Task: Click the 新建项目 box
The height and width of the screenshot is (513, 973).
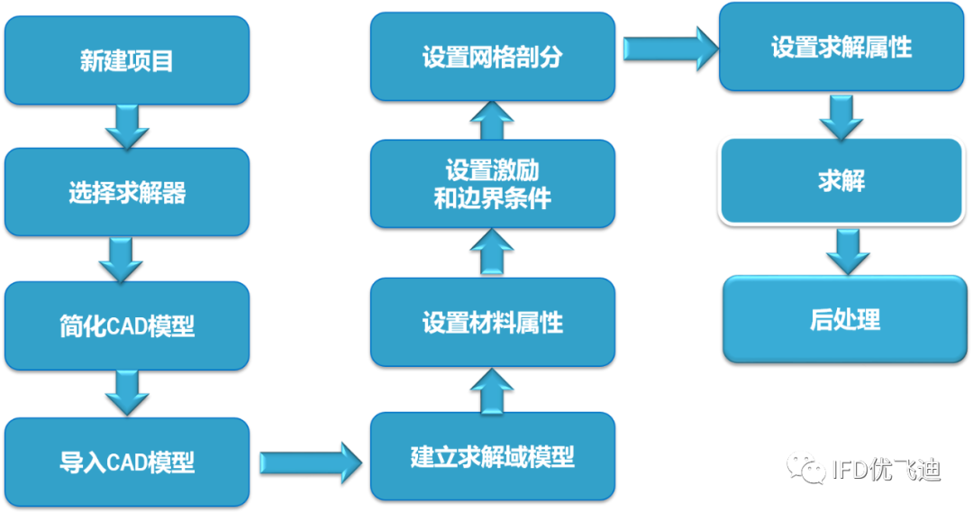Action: click(126, 60)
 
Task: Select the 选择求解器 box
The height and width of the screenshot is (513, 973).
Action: click(126, 192)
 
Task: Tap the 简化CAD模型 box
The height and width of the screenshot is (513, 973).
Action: click(126, 325)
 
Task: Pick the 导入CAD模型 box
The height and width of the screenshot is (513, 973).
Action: click(126, 462)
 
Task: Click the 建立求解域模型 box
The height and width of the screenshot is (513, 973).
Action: click(492, 456)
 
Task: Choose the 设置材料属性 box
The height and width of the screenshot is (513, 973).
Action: click(492, 322)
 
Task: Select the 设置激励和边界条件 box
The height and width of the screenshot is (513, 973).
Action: click(492, 184)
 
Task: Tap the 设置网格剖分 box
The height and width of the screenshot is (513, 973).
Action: click(492, 56)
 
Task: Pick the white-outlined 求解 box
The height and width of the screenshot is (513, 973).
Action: click(841, 179)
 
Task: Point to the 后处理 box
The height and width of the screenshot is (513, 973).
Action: click(844, 318)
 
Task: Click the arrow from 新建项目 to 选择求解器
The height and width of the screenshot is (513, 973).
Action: click(126, 126)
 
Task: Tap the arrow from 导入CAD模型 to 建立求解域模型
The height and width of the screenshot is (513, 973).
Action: click(310, 463)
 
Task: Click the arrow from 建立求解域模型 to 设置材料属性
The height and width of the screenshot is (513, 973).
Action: click(492, 389)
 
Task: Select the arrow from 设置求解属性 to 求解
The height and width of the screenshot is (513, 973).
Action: click(841, 115)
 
